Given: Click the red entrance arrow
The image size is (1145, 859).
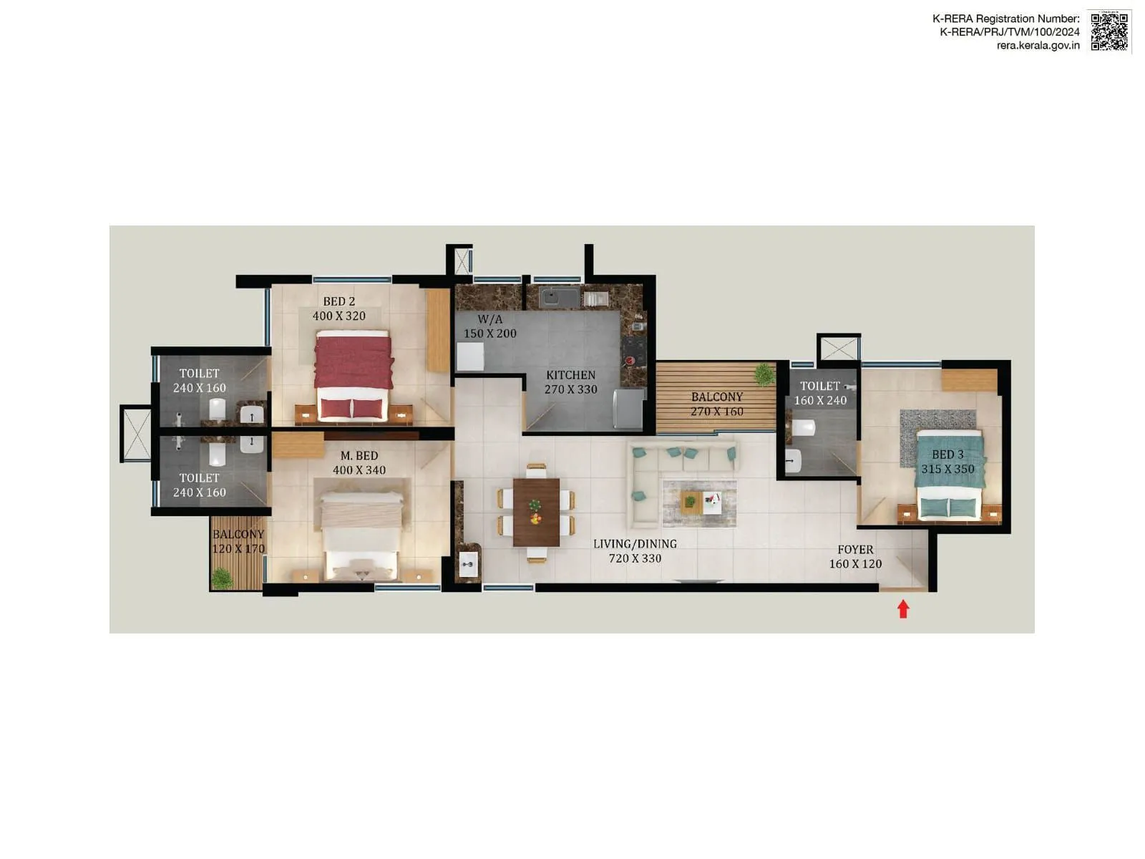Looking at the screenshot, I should (x=903, y=609).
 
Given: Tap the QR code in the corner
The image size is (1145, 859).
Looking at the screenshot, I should (x=1109, y=31).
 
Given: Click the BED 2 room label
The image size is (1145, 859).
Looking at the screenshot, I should (x=338, y=301).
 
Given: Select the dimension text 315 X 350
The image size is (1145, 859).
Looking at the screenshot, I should (x=947, y=470).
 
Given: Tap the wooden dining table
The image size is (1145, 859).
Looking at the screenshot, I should (x=536, y=511).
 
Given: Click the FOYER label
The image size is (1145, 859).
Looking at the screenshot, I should (x=855, y=550).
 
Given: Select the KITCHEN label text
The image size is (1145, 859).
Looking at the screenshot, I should (x=570, y=375).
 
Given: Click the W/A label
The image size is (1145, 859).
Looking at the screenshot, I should (x=490, y=319).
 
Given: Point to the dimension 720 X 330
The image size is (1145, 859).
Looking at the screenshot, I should (x=635, y=558).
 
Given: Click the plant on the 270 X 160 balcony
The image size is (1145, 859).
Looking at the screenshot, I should (x=764, y=373).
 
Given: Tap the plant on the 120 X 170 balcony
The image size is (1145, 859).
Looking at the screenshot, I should (x=223, y=577).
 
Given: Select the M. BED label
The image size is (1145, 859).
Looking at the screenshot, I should (x=359, y=456).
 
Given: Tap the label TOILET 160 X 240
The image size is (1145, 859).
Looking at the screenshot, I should (x=820, y=393).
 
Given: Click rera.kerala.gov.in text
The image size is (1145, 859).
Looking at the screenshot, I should (x=1038, y=45).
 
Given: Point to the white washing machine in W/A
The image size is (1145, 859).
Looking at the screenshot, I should (x=470, y=356).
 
